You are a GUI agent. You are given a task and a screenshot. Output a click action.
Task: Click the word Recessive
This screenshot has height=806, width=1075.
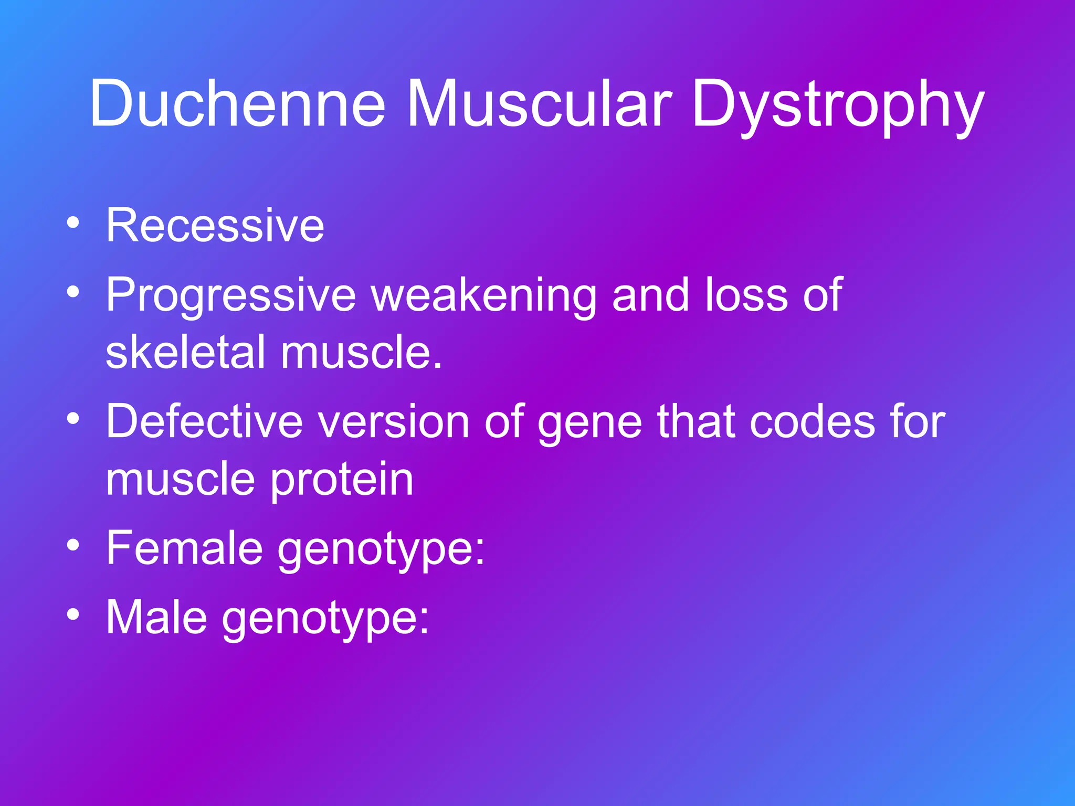pyautogui.click(x=215, y=225)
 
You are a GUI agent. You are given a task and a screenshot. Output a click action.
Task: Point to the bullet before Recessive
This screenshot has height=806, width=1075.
pyautogui.click(x=73, y=223)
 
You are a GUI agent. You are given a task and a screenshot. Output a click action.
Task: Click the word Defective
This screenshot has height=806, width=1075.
pyautogui.click(x=205, y=421)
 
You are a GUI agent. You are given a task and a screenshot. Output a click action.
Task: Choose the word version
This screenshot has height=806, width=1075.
pyautogui.click(x=394, y=421)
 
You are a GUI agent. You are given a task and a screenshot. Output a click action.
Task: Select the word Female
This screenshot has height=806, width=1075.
pyautogui.click(x=184, y=548)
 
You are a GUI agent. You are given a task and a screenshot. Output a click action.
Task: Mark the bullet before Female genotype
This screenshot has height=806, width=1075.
pyautogui.click(x=73, y=546)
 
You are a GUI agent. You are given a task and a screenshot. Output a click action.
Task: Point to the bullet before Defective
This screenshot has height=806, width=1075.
pyautogui.click(x=73, y=419)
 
